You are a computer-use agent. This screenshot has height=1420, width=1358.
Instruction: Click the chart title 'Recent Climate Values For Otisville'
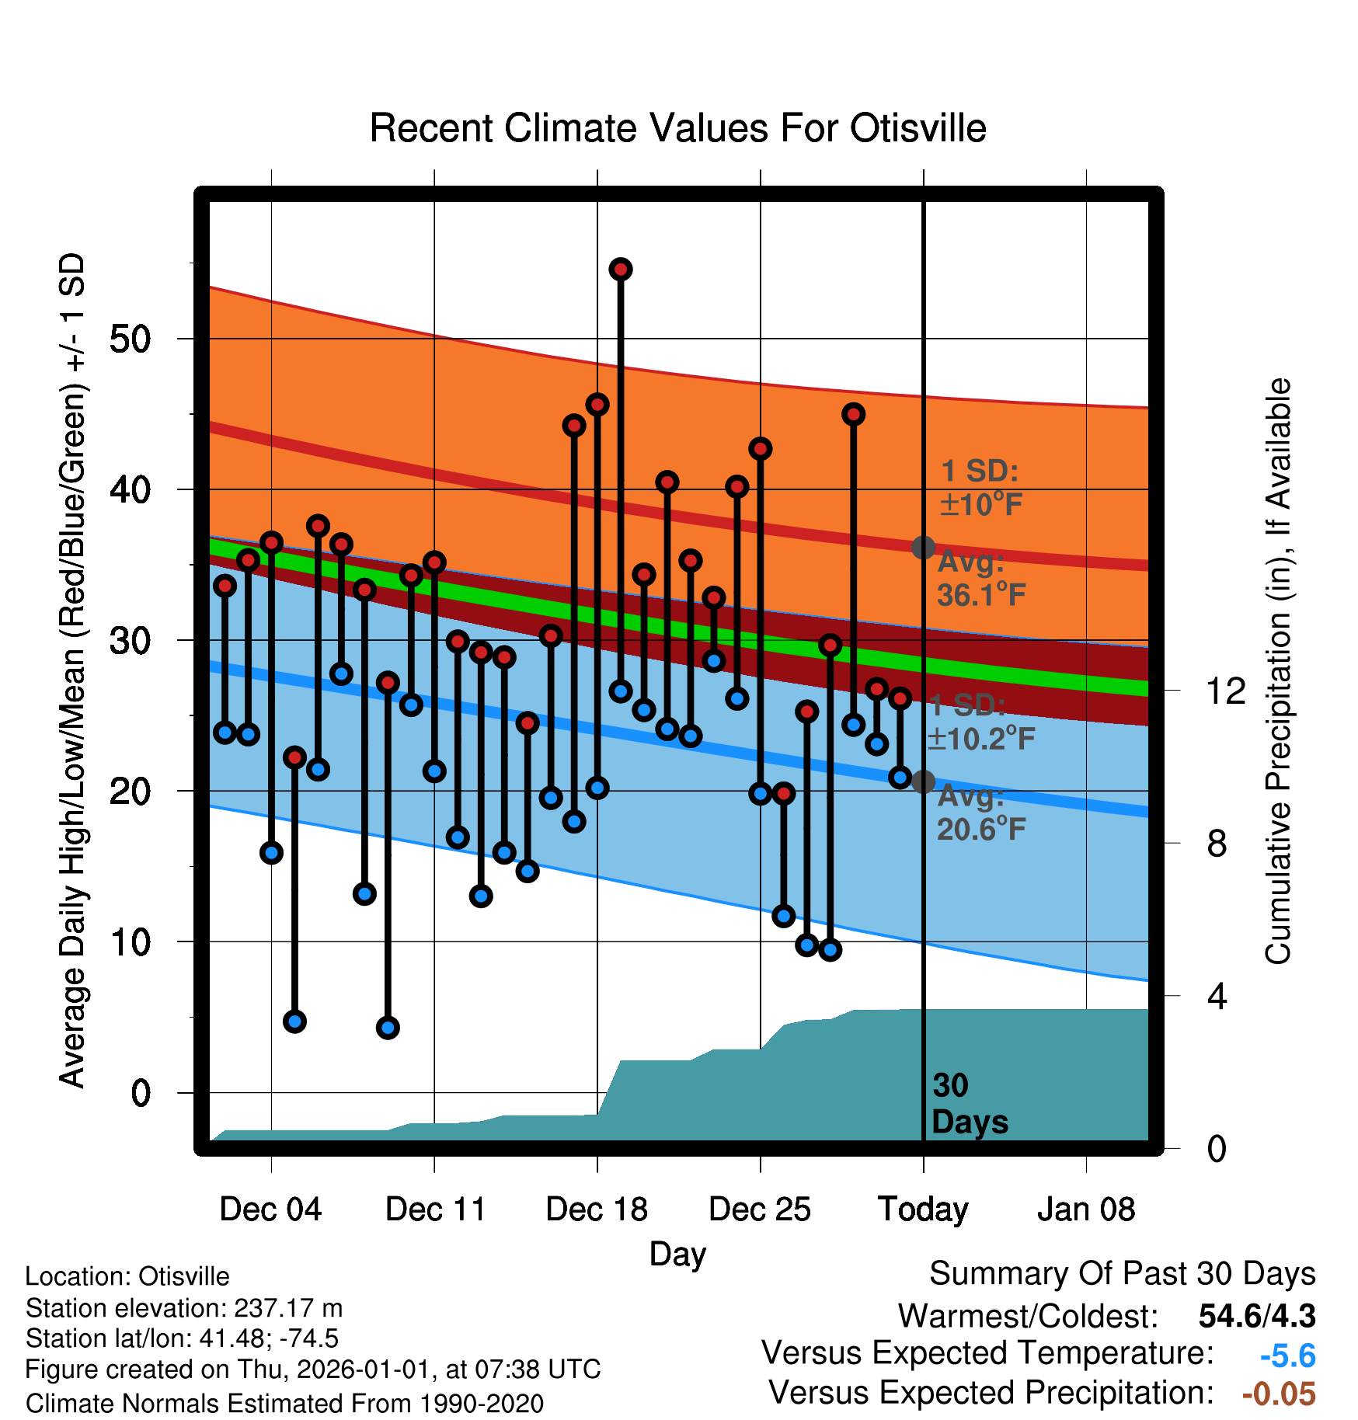pyautogui.click(x=677, y=128)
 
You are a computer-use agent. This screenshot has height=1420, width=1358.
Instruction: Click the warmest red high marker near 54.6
pyautogui.click(x=621, y=270)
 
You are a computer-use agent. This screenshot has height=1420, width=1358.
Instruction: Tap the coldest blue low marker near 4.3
pyautogui.click(x=388, y=1028)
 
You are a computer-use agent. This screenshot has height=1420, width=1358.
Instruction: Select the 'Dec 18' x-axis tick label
pyautogui.click(x=597, y=1209)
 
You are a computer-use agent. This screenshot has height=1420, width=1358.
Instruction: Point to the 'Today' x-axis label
pyautogui.click(x=923, y=1209)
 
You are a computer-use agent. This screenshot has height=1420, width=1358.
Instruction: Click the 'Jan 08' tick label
pyautogui.click(x=1086, y=1209)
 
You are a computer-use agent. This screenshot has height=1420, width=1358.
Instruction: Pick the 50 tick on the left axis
pyautogui.click(x=130, y=339)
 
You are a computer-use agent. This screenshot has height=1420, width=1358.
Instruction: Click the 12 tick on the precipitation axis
pyautogui.click(x=1225, y=691)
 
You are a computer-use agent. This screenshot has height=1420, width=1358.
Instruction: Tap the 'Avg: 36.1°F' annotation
pyautogui.click(x=981, y=579)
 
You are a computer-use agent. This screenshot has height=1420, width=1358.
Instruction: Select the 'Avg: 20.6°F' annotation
pyautogui.click(x=981, y=813)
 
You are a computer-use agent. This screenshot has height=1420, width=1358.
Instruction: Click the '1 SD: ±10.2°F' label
pyautogui.click(x=981, y=722)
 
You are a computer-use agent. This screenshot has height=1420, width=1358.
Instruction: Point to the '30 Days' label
pyautogui.click(x=970, y=1104)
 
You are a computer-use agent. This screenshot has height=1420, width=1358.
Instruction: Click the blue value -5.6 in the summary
pyautogui.click(x=1287, y=1356)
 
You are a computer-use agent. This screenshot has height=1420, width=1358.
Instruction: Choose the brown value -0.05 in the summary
pyautogui.click(x=1279, y=1394)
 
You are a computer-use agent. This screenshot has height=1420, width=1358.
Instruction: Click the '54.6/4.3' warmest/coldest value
pyautogui.click(x=1257, y=1316)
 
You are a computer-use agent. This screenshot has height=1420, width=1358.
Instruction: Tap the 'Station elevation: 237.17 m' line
pyautogui.click(x=184, y=1308)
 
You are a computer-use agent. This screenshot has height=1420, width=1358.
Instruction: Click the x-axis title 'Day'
pyautogui.click(x=677, y=1255)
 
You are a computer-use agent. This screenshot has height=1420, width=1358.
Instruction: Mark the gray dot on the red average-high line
pyautogui.click(x=923, y=548)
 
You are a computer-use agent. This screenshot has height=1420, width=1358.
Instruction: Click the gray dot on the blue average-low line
pyautogui.click(x=923, y=781)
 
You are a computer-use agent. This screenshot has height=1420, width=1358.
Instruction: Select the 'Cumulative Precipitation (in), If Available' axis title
pyautogui.click(x=1278, y=671)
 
